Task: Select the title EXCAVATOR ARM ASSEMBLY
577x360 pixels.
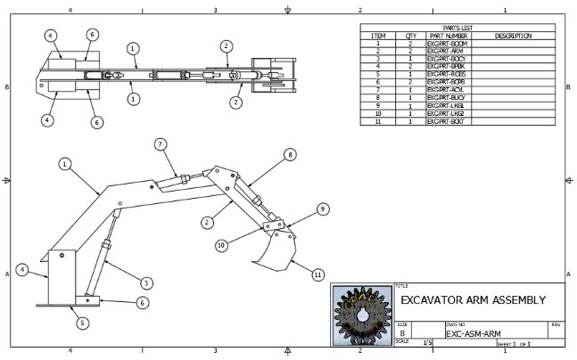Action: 472,299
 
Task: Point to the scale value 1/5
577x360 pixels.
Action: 428,342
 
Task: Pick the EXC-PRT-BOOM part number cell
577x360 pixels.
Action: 447,43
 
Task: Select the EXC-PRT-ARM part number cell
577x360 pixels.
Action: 445,51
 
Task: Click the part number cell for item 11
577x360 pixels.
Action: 445,121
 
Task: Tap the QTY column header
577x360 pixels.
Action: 411,36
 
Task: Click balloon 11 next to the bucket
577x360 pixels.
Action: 317,275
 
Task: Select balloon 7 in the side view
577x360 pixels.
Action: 160,143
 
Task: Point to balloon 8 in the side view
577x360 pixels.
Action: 289,154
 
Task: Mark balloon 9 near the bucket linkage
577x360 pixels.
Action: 323,209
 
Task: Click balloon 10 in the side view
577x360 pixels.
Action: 220,244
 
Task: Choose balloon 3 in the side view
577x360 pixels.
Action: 147,282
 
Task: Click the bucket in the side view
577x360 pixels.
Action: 274,250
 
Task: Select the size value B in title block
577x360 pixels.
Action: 403,332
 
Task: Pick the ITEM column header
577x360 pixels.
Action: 377,36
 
